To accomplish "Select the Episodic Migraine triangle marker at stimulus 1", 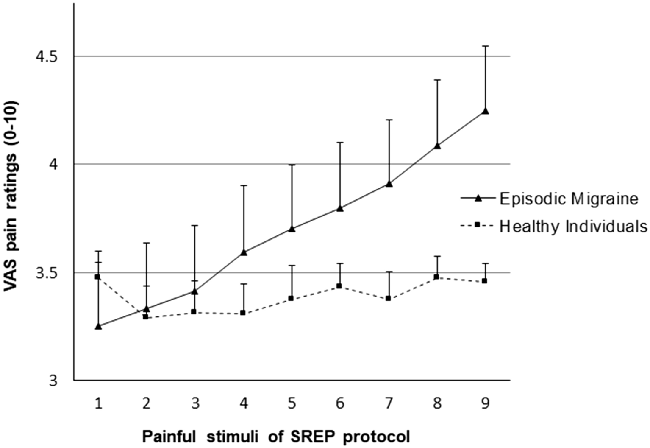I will [99, 326].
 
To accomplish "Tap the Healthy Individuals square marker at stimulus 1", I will [98, 277].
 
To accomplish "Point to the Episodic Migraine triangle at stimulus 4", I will [244, 252].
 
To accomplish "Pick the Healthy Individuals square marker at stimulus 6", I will [339, 286].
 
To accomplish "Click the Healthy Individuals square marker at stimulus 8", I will [436, 277].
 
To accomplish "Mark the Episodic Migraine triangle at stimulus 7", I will [389, 184].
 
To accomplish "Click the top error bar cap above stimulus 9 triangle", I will [486, 46].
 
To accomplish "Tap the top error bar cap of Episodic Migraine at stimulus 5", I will [292, 165].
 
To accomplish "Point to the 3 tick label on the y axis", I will [53, 381].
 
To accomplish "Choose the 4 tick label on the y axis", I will [53, 165].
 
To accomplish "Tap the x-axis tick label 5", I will [292, 403].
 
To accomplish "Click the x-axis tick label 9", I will [486, 403].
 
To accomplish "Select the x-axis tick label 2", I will [147, 403].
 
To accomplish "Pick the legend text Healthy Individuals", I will [573, 227].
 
